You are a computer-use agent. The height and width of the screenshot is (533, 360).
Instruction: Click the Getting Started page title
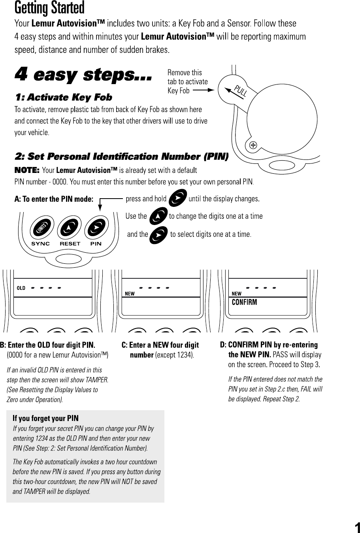click(x=49, y=8)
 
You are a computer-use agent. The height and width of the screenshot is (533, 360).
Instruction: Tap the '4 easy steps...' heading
click(x=83, y=75)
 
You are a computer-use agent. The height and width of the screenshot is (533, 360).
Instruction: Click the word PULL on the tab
click(x=241, y=91)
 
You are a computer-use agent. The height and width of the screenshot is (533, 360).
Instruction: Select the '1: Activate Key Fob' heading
click(x=63, y=98)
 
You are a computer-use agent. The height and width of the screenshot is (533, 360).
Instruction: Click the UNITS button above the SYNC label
click(x=40, y=228)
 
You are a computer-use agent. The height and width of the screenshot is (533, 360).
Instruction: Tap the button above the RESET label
click(x=70, y=228)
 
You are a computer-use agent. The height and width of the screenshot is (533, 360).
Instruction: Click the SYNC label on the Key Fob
click(x=40, y=244)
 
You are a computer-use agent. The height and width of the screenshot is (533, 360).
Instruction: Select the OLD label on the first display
click(x=21, y=288)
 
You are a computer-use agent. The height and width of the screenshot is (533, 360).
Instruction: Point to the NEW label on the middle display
click(x=129, y=294)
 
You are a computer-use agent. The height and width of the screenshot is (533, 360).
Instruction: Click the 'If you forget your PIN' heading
click(x=45, y=418)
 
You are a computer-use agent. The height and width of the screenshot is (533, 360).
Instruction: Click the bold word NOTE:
click(x=26, y=171)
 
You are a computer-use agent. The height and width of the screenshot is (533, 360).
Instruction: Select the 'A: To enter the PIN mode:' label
click(x=54, y=199)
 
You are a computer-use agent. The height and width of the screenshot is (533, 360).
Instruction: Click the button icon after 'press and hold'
click(x=177, y=198)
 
